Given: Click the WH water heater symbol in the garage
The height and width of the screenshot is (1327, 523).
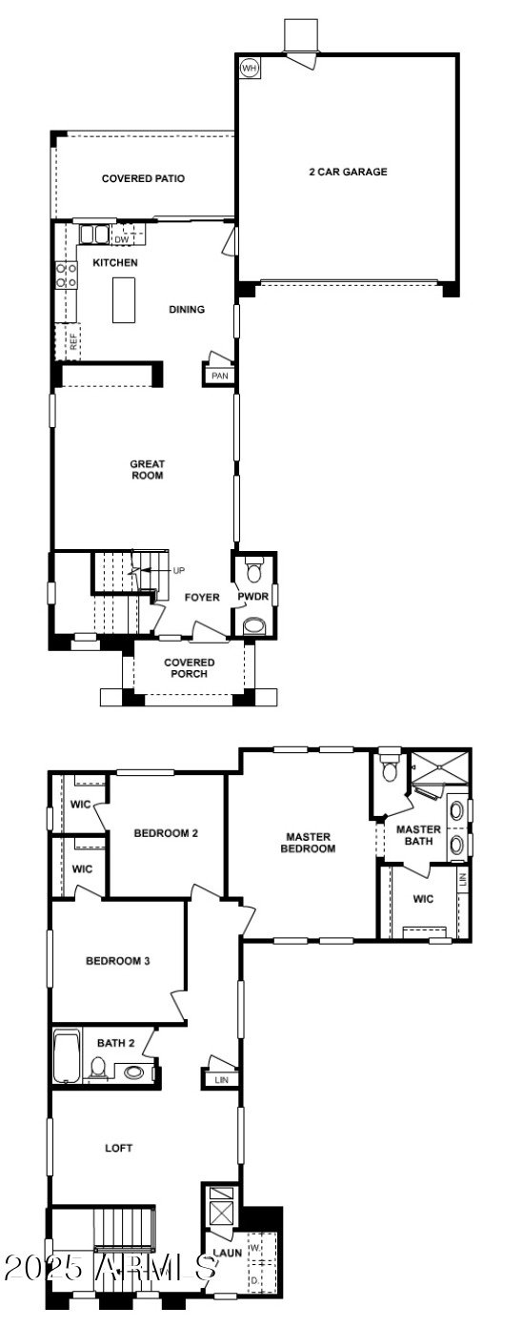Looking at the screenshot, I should (250, 68).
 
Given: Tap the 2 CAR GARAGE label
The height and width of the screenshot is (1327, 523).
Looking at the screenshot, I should (348, 173).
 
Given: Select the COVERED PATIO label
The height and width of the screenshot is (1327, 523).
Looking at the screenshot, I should (143, 178).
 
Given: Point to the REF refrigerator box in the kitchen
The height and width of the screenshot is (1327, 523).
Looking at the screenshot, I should (72, 341).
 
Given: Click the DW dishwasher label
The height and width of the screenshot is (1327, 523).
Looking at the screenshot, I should (122, 239).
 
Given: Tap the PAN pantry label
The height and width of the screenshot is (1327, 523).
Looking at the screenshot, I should (220, 376).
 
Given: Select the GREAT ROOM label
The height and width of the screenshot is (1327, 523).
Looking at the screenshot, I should (148, 469).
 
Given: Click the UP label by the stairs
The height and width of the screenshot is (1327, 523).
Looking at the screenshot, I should (179, 570).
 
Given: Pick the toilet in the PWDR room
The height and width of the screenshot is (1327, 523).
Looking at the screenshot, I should (253, 571).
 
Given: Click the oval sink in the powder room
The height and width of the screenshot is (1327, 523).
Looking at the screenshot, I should (255, 626).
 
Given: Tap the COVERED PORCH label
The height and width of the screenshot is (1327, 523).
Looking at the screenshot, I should (189, 668).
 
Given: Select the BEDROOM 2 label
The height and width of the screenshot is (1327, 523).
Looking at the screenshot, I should (166, 832).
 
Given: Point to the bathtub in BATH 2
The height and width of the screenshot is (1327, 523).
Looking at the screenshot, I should (66, 1055).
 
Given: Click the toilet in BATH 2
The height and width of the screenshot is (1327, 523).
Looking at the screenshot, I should (99, 1069).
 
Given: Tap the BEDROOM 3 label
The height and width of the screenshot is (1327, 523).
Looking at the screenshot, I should (118, 961).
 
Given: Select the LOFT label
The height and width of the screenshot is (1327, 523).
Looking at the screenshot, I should (118, 1148).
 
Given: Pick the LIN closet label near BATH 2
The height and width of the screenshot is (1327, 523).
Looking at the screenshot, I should (221, 1080).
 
